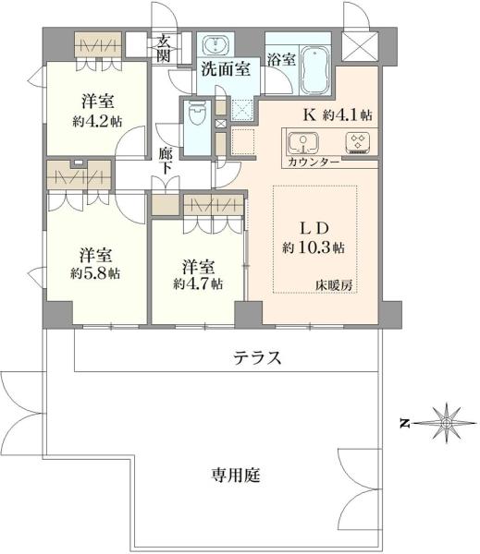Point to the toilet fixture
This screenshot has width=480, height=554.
pos(196,115)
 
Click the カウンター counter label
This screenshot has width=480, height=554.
pos(313,163)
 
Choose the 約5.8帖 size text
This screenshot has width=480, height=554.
pos(95,273)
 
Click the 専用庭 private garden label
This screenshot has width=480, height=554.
pos(235,476)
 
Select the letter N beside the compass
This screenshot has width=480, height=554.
pos(404,424)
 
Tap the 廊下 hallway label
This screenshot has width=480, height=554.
pos(166,162)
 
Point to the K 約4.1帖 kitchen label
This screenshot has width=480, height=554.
pos(338,115)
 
